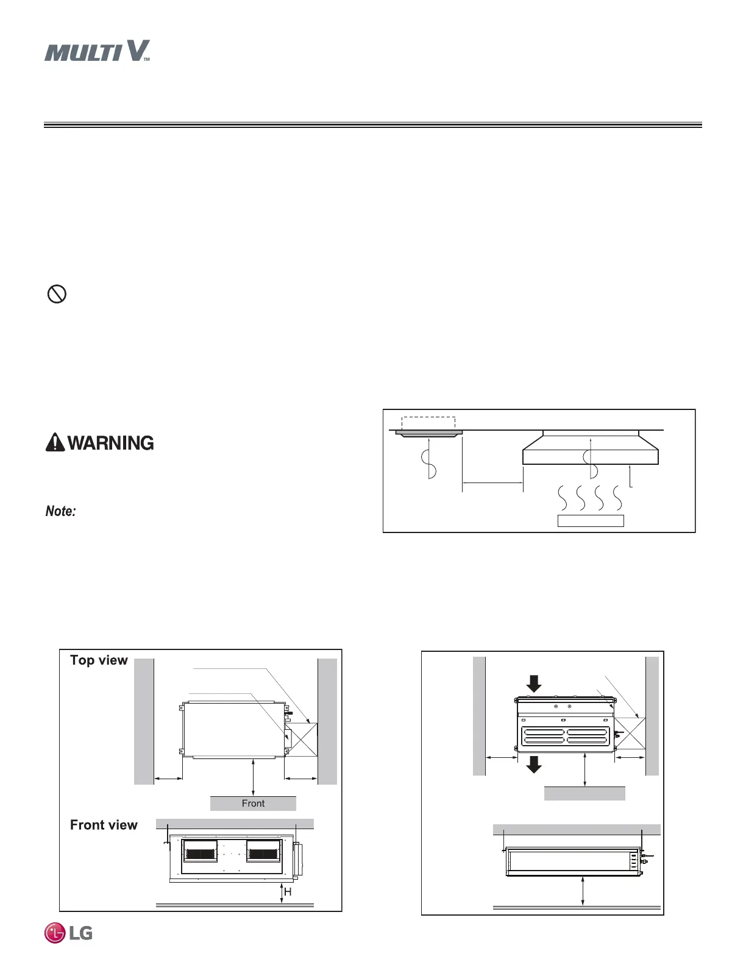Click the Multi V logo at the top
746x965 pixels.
tap(97, 51)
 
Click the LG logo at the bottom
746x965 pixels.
tap(68, 933)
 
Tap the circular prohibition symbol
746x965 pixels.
tap(57, 294)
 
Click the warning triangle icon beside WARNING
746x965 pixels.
tap(55, 442)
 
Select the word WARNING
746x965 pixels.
tap(110, 443)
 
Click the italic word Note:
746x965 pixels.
tap(60, 511)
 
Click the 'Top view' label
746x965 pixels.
tap(99, 660)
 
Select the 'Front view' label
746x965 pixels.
tap(104, 825)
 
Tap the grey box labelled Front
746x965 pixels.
tap(253, 804)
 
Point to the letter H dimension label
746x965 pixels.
tap(288, 892)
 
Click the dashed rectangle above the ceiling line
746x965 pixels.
tap(428, 423)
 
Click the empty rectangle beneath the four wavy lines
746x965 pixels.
tap(591, 521)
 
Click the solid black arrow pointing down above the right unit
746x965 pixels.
tap(534, 684)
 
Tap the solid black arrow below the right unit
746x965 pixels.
tap(534, 764)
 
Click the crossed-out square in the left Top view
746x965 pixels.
tap(301, 740)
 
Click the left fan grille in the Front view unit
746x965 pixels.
tap(200, 851)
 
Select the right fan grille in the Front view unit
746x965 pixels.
tap(264, 851)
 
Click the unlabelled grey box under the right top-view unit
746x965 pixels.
tap(584, 793)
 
